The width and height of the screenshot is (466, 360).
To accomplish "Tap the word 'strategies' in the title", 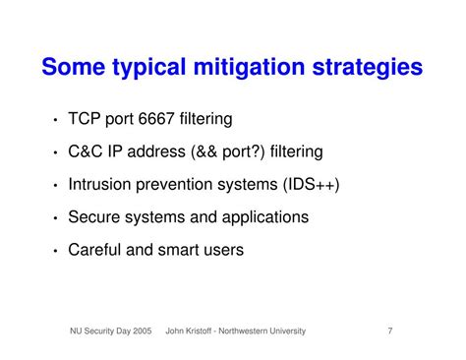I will pyautogui.click(x=371, y=68).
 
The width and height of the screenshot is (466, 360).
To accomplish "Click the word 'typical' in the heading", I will pyautogui.click(x=153, y=68).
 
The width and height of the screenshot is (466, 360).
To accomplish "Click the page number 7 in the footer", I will pyautogui.click(x=389, y=331).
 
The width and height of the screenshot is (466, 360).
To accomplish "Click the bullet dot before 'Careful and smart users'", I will pyautogui.click(x=54, y=252).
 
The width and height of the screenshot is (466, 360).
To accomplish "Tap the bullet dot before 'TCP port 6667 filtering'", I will pyautogui.click(x=54, y=121).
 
